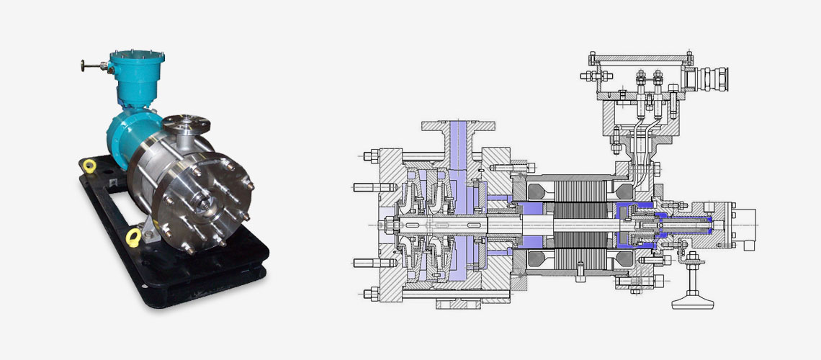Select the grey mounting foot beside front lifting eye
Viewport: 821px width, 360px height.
(149, 230)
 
